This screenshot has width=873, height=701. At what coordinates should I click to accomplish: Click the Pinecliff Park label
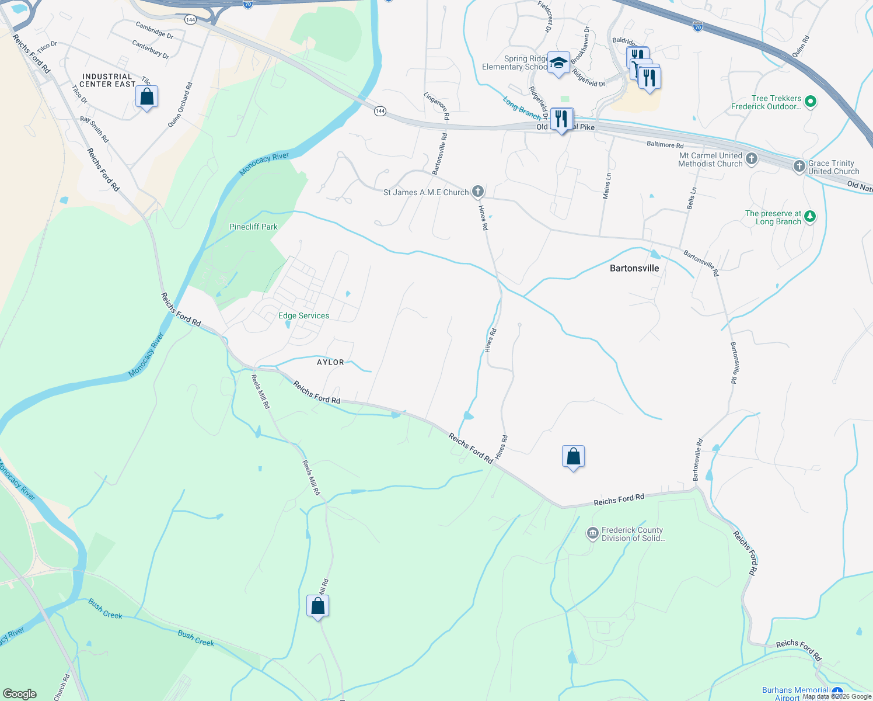click(253, 227)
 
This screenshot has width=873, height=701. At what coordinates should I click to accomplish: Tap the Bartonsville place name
click(634, 268)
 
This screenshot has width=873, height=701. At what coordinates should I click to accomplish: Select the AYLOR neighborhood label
click(330, 362)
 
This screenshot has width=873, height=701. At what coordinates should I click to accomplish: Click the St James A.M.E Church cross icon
click(478, 191)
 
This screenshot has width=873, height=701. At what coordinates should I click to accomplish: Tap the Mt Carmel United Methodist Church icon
click(752, 158)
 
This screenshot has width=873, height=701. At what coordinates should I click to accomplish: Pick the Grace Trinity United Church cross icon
click(799, 166)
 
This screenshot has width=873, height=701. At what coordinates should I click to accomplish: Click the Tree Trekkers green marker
click(810, 102)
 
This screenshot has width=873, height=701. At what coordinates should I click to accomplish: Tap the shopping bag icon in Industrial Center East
click(147, 97)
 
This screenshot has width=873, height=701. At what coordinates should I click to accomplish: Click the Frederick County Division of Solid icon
click(593, 533)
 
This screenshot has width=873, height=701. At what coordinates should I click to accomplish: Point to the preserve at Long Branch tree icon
click(809, 217)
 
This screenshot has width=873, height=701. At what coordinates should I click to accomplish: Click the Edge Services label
click(303, 315)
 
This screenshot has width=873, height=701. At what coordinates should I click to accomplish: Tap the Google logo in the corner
click(20, 693)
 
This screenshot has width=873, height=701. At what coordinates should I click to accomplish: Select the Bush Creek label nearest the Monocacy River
click(106, 608)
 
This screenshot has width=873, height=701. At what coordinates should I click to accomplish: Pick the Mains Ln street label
click(607, 186)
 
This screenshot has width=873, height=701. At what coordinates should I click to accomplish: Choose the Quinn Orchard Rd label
click(180, 105)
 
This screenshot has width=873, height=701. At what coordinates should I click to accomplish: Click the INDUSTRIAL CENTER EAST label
click(107, 81)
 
